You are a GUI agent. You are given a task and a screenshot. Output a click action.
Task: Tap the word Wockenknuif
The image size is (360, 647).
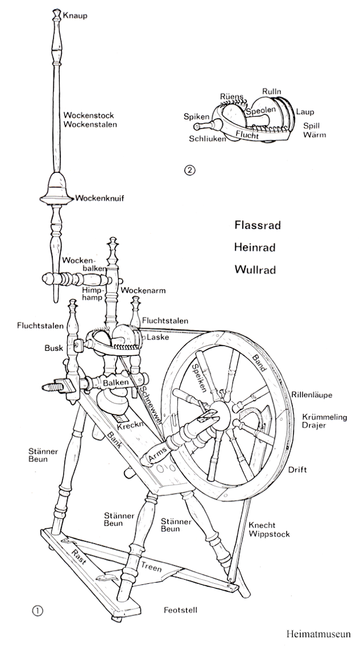tap(99, 198)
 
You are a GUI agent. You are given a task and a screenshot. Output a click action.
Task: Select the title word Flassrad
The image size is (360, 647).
tap(257, 225)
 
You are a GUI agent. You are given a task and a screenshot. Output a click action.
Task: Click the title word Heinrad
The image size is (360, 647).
tap(255, 248)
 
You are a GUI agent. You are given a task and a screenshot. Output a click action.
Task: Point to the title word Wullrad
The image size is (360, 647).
tap(254, 270)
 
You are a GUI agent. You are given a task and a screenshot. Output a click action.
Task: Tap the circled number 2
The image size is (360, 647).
tap(188, 170)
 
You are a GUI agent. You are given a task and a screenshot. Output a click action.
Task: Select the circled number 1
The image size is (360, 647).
tap(38, 609)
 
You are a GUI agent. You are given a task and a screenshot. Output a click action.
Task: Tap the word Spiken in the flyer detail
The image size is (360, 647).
tap(196, 117)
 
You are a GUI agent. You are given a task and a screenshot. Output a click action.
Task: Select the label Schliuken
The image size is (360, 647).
tap(208, 139)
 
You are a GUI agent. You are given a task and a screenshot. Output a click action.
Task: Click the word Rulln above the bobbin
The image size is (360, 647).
tap(272, 92)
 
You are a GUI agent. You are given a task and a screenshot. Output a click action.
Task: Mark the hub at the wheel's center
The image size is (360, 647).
tap(213, 413)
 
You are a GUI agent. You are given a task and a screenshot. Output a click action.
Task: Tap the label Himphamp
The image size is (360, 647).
tap(93, 293)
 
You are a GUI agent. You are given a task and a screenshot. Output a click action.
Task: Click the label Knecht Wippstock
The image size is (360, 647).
tap(269, 529)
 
